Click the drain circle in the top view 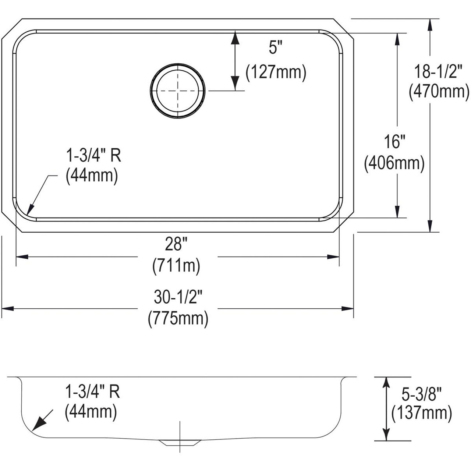pyautogui.click(x=177, y=91)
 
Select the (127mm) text pyautogui.click(x=276, y=72)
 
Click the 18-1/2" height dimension pyautogui.click(x=438, y=71)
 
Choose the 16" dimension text pyautogui.click(x=394, y=142)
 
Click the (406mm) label pyautogui.click(x=394, y=163)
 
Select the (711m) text pyautogui.click(x=176, y=265)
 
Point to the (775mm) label pyautogui.click(x=178, y=318)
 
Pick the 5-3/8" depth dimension pyautogui.click(x=421, y=395)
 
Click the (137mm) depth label pyautogui.click(x=421, y=413)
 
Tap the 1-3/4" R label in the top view pyautogui.click(x=93, y=156)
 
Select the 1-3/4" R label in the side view pyautogui.click(x=92, y=392)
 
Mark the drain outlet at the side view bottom pyautogui.click(x=180, y=442)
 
